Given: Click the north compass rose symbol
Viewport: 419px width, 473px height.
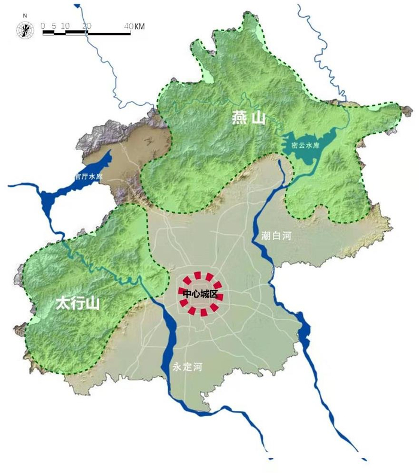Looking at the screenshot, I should tap(25, 28).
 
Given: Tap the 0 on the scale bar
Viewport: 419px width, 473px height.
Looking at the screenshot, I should tap(43, 26).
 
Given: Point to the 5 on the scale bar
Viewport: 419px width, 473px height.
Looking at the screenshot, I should tap(54, 26).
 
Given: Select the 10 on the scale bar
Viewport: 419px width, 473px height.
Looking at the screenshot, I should tap(66, 26).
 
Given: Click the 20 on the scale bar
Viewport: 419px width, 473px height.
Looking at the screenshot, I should tap(87, 26).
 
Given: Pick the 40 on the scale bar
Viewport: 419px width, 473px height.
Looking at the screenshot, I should tap(129, 26).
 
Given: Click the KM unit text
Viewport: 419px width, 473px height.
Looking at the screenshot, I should tap(139, 26).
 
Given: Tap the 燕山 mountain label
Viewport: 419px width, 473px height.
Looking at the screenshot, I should tap(248, 118).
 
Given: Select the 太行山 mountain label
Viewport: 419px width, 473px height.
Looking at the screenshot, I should tap(77, 303).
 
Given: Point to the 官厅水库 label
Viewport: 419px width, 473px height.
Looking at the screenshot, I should tap(89, 177).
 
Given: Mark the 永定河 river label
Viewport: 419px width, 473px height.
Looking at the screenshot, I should tap(187, 367).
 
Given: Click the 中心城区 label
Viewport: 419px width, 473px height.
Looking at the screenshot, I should tap(200, 293).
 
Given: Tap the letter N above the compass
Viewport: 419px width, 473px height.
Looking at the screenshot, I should tap(25, 15).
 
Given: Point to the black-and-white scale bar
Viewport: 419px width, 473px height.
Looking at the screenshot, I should tap(87, 33).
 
